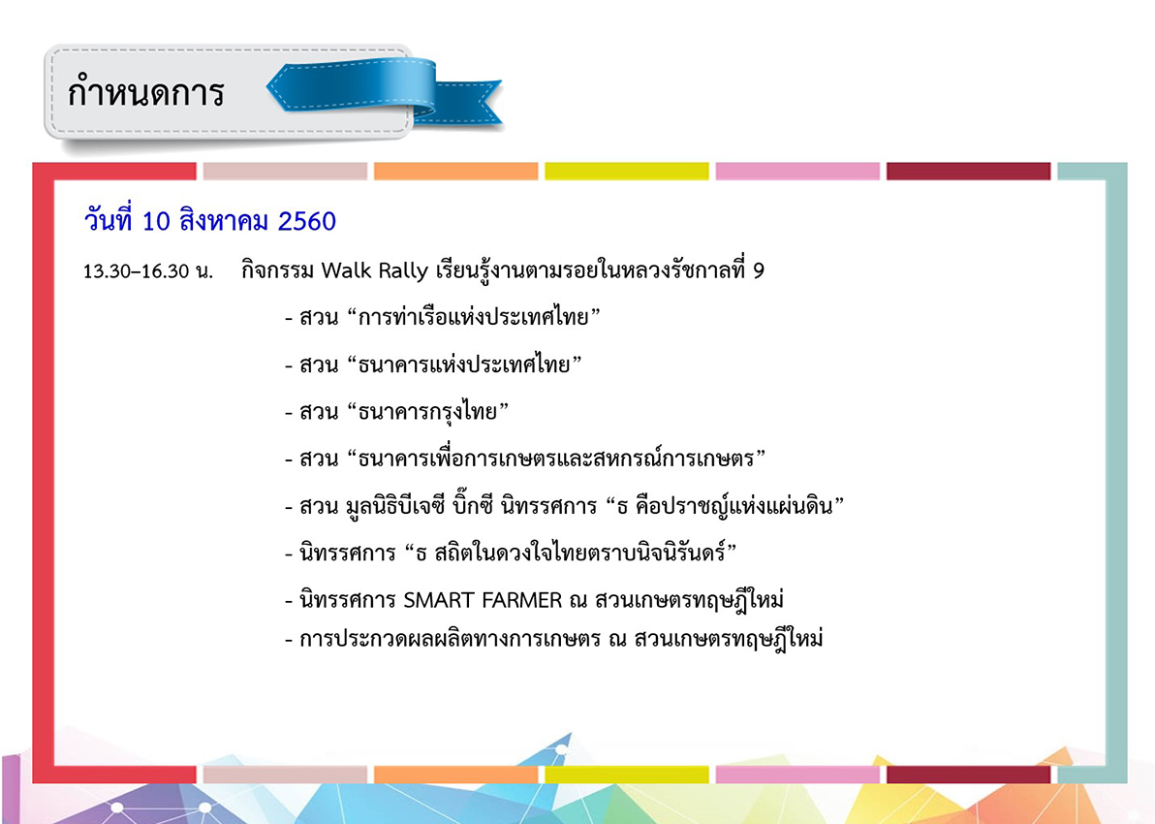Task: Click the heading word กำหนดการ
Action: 145,91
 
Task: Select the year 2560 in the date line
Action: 306,221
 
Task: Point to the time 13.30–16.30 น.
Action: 148,271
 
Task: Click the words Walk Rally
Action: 374,270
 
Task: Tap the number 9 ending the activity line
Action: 759,270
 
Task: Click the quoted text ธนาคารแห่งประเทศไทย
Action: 464,364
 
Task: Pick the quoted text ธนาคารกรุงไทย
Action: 427,411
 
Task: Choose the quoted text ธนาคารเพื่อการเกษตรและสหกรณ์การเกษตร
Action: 556,459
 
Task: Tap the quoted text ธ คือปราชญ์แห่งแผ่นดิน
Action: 725,506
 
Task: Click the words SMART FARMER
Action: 483,601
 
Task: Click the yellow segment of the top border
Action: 627,171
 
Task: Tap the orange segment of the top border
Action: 456,171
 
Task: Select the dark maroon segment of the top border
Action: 969,171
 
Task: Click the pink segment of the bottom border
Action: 797,774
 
